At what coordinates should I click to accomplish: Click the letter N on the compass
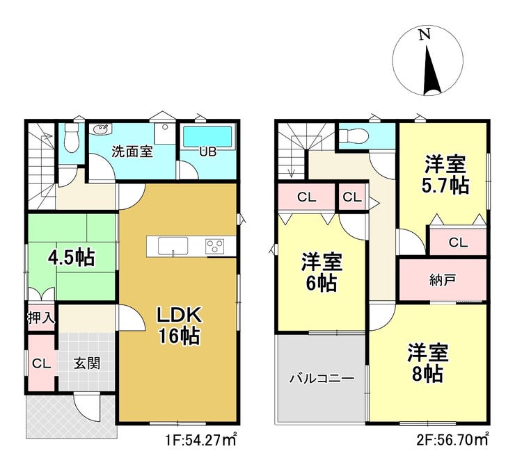point(425,35)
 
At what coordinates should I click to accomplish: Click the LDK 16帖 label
point(180,326)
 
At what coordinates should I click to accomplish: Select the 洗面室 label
point(132,151)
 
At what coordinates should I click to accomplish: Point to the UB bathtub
point(207,136)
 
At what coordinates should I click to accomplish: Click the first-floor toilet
point(71,138)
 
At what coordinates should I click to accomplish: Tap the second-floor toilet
point(354,135)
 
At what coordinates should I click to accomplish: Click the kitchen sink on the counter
point(173,245)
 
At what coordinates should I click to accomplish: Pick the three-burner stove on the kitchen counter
point(215,246)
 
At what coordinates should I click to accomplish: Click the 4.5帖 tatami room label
point(71,257)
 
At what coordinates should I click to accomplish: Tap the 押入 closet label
point(41,318)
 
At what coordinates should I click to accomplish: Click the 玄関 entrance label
point(87,363)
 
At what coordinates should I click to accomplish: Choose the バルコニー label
point(322,379)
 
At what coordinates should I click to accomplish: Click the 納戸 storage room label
point(443,280)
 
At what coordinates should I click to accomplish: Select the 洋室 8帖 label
point(427,363)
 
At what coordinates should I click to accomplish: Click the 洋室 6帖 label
point(322,272)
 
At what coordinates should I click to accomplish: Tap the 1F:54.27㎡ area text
point(201,439)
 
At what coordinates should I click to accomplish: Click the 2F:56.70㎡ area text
point(452,439)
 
